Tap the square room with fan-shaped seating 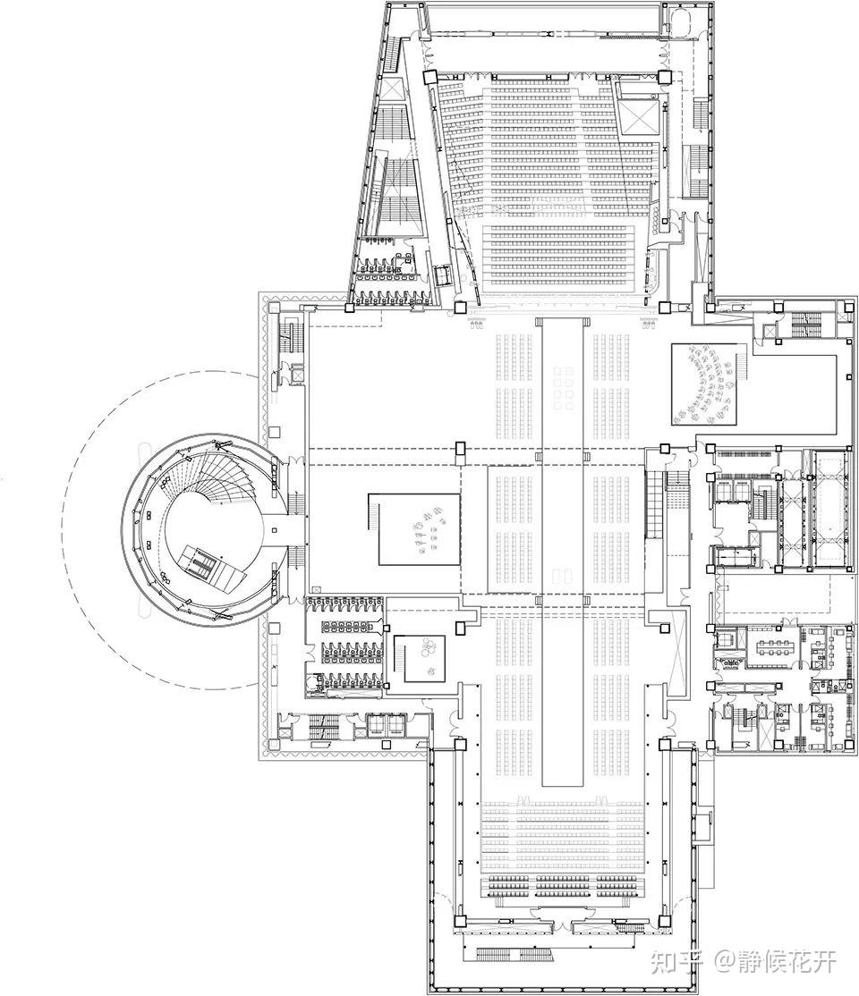point(705,384)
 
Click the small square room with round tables point(426,656)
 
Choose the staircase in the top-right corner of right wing point(808,325)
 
